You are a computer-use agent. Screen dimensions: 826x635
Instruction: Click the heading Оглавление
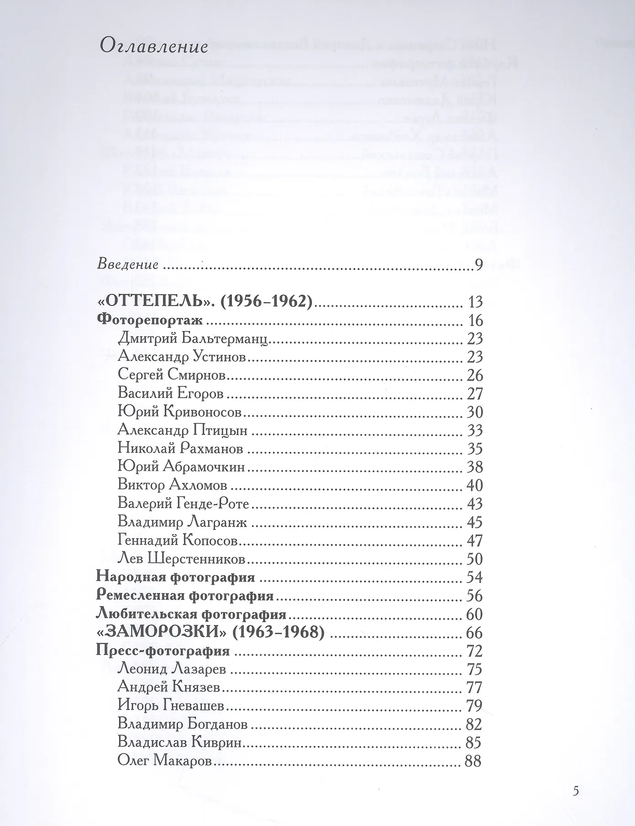[x=153, y=47]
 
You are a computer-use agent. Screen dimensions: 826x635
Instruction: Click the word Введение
[x=128, y=265]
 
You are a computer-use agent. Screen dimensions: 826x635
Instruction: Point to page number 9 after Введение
[x=478, y=265]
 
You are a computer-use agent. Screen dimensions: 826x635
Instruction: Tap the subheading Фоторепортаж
[x=150, y=320]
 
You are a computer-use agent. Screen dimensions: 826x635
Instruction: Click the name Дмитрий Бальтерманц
[x=192, y=339]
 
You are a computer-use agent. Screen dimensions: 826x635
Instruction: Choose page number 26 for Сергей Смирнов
[x=475, y=376]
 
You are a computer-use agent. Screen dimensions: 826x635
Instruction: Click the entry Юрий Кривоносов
[x=179, y=412]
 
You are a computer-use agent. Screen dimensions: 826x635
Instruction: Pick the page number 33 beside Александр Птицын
[x=475, y=430]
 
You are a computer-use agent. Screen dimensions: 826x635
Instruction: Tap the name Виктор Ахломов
[x=172, y=485]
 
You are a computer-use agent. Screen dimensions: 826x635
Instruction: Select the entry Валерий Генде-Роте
[x=183, y=504]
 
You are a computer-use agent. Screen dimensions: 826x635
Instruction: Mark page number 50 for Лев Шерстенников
[x=475, y=559]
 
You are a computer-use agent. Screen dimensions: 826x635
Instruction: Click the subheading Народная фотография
[x=176, y=577]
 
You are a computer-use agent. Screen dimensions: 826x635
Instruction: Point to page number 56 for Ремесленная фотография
[x=475, y=596]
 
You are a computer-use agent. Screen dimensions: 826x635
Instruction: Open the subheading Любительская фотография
[x=191, y=614]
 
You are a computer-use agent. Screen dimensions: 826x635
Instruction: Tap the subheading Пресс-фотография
[x=163, y=651]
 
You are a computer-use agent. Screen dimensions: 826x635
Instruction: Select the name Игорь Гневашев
[x=171, y=706]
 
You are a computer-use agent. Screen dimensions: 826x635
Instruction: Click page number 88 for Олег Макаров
[x=473, y=761]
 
